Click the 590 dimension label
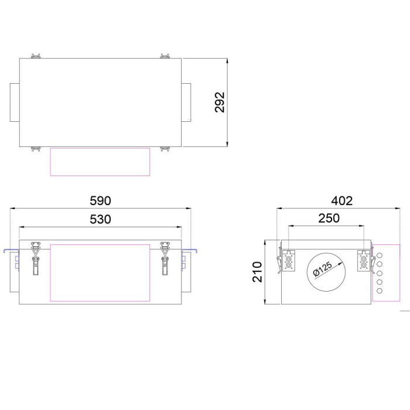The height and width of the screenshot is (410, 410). (100, 201)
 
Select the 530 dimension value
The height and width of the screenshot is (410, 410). (100, 220)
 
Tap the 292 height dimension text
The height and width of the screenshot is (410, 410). (220, 102)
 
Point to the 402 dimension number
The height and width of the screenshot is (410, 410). (341, 201)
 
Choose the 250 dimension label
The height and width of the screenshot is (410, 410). (329, 218)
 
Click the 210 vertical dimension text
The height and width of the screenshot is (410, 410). (257, 272)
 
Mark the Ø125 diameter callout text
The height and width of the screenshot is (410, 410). (323, 268)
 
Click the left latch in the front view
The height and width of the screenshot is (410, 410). (36, 258)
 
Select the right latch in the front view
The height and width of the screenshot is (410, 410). (165, 258)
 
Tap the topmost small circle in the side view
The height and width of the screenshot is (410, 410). (380, 255)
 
